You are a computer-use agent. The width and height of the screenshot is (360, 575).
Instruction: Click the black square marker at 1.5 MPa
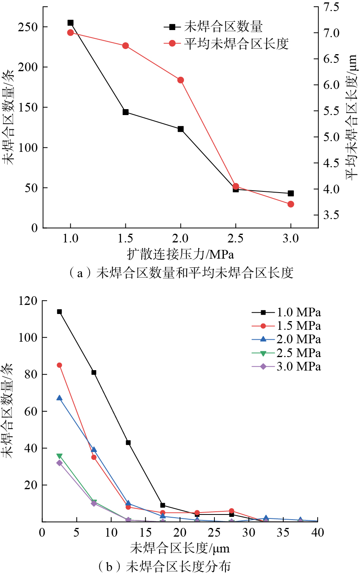tap(125, 112)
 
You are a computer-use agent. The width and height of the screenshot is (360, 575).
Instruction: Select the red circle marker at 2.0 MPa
tap(181, 80)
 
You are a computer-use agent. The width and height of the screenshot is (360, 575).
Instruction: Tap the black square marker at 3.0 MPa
tap(291, 193)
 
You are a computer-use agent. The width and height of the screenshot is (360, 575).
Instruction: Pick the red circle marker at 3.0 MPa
tap(291, 204)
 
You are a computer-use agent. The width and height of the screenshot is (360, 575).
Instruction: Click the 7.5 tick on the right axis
tap(331, 7)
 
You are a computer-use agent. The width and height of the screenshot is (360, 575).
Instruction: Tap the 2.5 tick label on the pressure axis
tap(236, 238)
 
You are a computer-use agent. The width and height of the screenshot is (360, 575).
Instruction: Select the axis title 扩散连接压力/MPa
tap(180, 254)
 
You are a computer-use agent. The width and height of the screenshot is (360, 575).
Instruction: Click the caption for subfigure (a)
tap(181, 273)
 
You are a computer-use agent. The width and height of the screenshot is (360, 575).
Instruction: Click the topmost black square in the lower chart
tap(59, 312)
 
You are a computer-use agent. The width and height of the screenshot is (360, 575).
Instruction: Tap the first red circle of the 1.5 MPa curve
tap(59, 365)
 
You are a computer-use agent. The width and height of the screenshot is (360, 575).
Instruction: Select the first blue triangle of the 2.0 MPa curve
tap(59, 398)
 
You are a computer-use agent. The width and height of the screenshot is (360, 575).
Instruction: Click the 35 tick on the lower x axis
tap(283, 533)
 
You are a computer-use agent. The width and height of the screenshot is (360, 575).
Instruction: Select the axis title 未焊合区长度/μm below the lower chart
tap(180, 549)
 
